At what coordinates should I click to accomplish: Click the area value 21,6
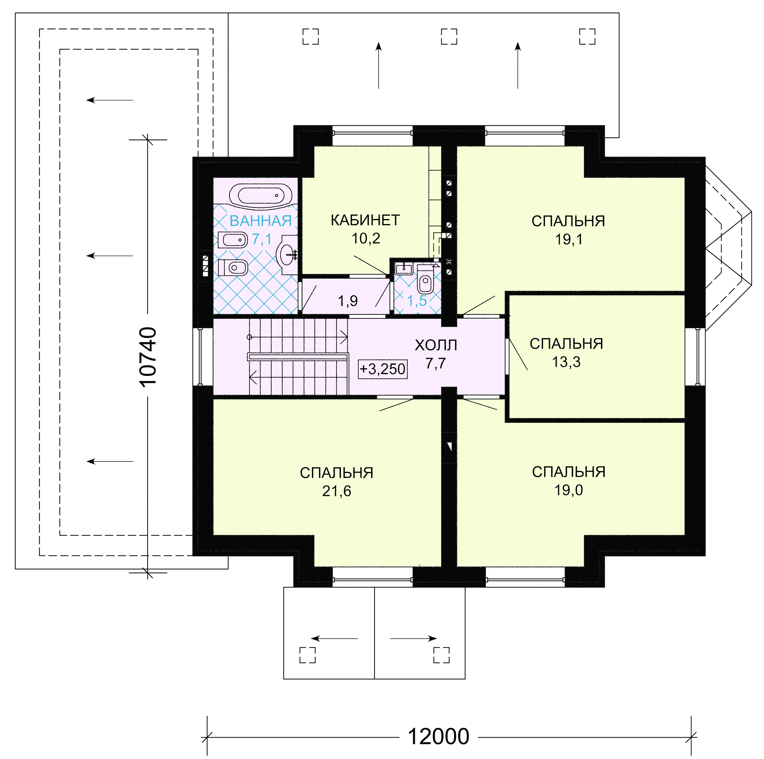click(x=336, y=491)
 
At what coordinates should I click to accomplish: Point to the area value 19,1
click(x=569, y=240)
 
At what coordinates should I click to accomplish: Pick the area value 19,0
click(x=569, y=490)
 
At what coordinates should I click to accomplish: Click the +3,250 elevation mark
click(x=382, y=369)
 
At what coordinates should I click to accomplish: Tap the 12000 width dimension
click(x=438, y=737)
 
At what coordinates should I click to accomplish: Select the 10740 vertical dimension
click(x=148, y=356)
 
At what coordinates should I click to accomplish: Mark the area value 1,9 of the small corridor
click(x=348, y=301)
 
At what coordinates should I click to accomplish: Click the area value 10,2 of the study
click(x=366, y=238)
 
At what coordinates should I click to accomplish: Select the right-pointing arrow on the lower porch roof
click(x=413, y=638)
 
